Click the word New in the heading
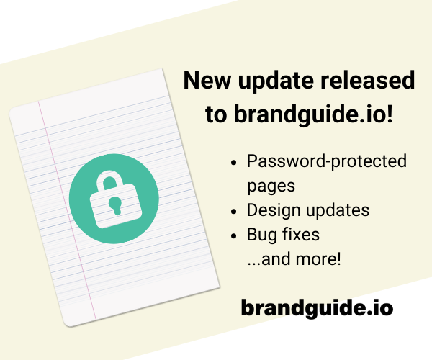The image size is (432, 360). [207, 80]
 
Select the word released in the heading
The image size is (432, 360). [367, 80]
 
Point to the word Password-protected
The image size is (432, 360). [326, 161]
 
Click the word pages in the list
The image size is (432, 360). [271, 186]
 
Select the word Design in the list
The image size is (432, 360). [274, 211]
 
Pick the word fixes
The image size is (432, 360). [301, 234]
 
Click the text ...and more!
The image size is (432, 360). [294, 259]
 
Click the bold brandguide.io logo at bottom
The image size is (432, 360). [317, 307]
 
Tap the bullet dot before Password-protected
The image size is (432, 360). [234, 163]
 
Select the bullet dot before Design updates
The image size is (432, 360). [234, 212]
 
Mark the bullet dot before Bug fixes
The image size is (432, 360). [234, 236]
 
